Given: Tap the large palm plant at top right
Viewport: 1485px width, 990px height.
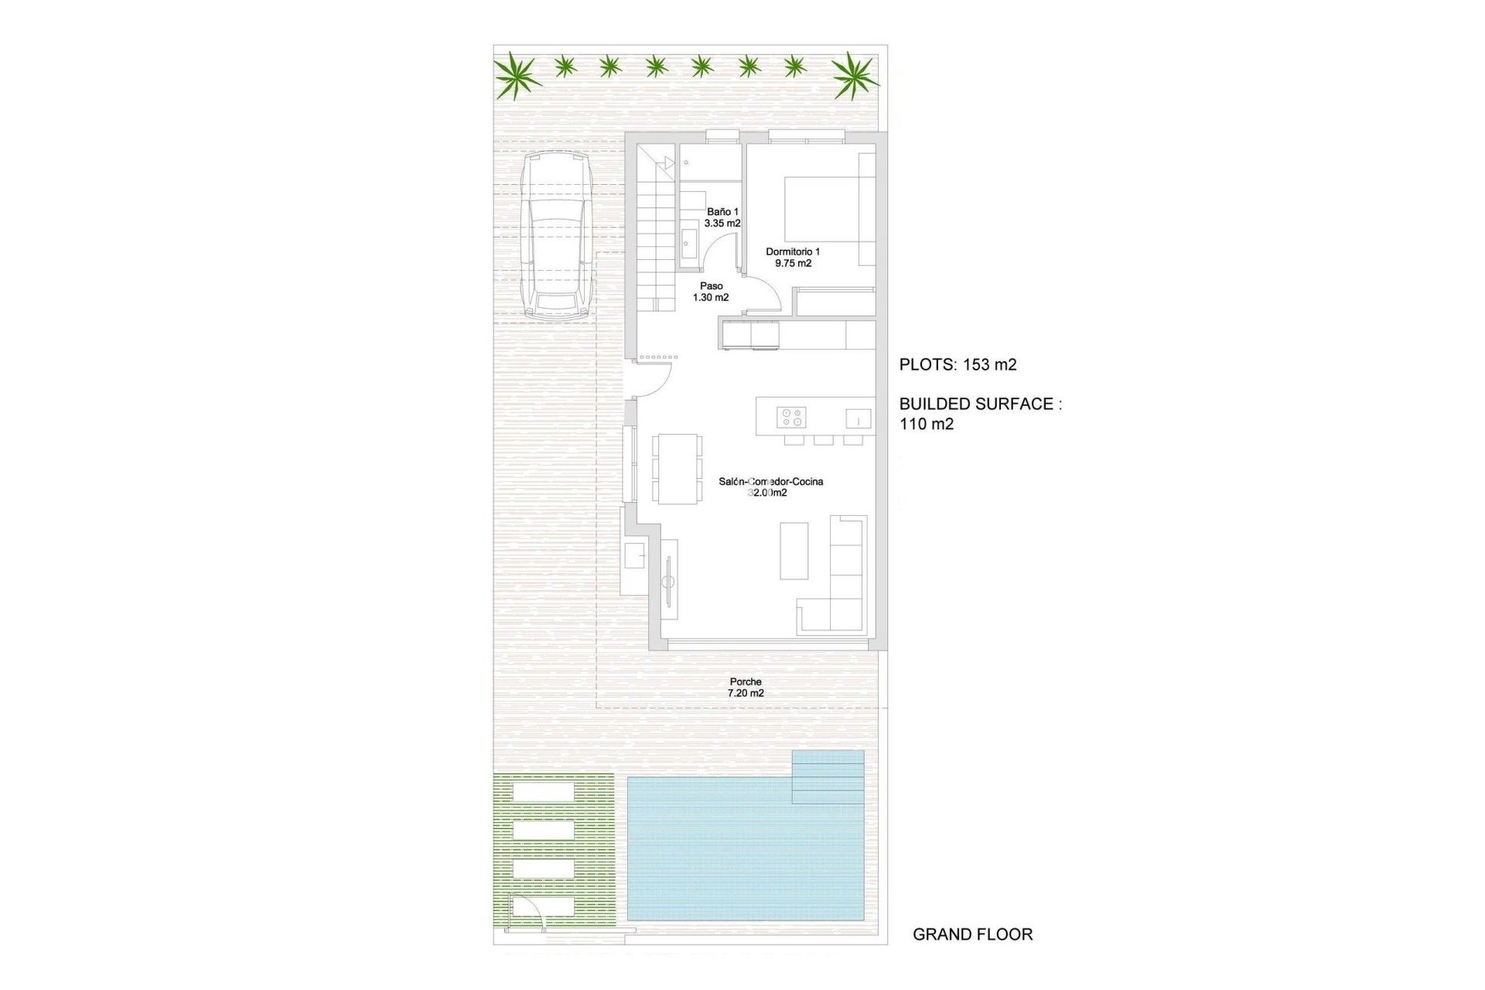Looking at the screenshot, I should pyautogui.click(x=855, y=75).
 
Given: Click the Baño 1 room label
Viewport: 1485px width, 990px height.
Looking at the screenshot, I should pyautogui.click(x=722, y=217).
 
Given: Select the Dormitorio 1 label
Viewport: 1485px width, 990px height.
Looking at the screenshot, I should pyautogui.click(x=793, y=257).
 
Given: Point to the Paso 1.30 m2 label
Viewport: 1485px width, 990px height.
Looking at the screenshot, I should pyautogui.click(x=711, y=292).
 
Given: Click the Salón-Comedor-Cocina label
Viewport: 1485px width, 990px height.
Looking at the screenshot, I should pyautogui.click(x=770, y=486).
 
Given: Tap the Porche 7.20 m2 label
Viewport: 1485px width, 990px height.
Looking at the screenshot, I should pyautogui.click(x=746, y=688).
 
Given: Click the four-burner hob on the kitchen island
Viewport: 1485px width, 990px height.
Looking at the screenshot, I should pyautogui.click(x=791, y=417).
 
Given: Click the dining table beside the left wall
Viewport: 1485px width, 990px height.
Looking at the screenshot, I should pyautogui.click(x=677, y=469).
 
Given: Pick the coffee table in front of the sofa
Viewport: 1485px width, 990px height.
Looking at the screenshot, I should pyautogui.click(x=794, y=551).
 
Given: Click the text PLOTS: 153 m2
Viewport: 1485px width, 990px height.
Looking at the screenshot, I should pyautogui.click(x=958, y=365).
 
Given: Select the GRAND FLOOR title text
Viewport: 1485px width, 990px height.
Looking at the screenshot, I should pyautogui.click(x=972, y=934).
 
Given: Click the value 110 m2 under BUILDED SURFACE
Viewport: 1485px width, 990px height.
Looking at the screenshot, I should pyautogui.click(x=927, y=424).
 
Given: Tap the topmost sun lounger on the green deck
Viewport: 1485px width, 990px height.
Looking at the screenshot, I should pyautogui.click(x=543, y=792).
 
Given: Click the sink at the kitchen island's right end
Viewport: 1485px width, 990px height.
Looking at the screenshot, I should pyautogui.click(x=859, y=418).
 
